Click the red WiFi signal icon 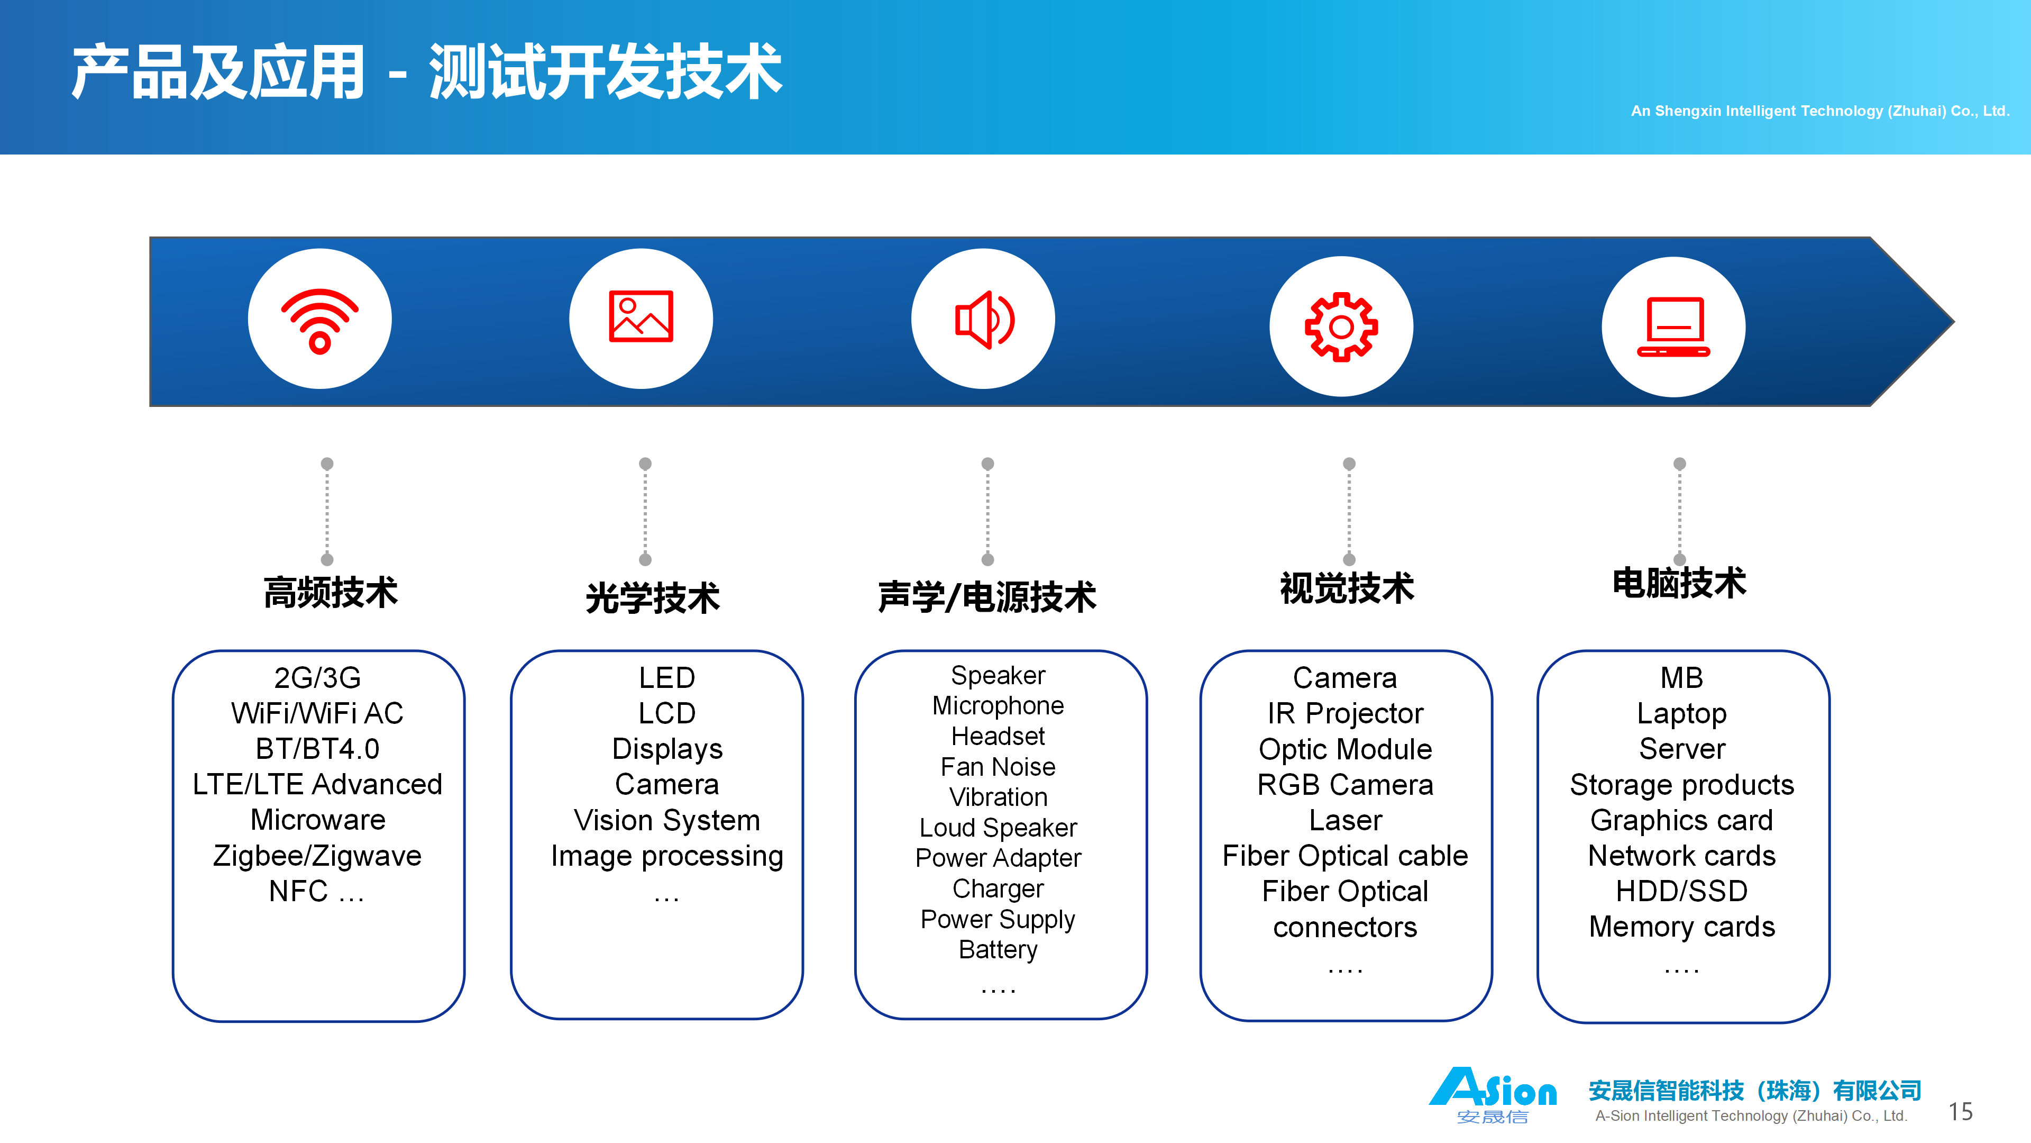coord(319,320)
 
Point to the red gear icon coord(1341,326)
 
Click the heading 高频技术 coord(331,592)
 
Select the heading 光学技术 coord(653,597)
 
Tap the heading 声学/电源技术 coord(987,596)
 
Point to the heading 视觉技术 coord(1347,588)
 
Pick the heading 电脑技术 coord(1679,583)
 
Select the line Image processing coord(667,856)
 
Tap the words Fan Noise coord(998,767)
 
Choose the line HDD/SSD coord(1682,891)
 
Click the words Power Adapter coord(998,858)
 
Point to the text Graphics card coord(1682,820)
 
